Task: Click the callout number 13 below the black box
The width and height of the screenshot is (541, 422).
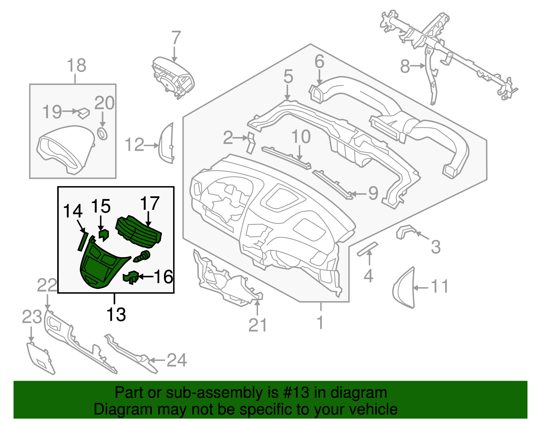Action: pyautogui.click(x=116, y=315)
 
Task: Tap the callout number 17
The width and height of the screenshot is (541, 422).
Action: pyautogui.click(x=149, y=203)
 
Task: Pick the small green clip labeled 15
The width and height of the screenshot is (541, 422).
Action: pyautogui.click(x=103, y=234)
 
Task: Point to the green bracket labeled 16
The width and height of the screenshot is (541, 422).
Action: pyautogui.click(x=131, y=277)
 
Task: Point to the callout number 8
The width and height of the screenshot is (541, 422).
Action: pyautogui.click(x=405, y=66)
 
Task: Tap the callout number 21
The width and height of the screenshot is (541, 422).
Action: pyautogui.click(x=258, y=325)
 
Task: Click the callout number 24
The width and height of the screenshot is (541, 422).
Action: pyautogui.click(x=177, y=360)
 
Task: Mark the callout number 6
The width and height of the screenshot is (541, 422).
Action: pyautogui.click(x=319, y=62)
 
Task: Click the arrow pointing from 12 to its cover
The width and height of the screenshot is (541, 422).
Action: pyautogui.click(x=151, y=146)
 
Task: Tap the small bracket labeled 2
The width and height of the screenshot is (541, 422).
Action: pyautogui.click(x=251, y=142)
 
